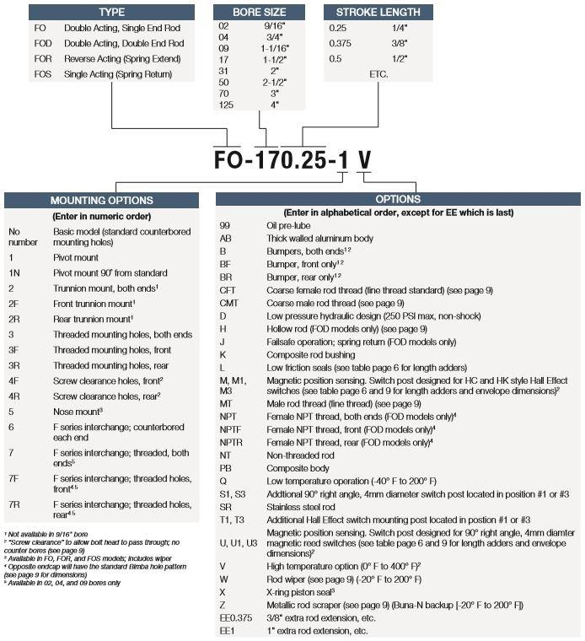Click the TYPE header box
[112, 13]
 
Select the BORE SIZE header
[258, 13]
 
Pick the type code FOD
[44, 43]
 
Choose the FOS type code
[44, 74]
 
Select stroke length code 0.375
[341, 43]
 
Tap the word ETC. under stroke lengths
[382, 74]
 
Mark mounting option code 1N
[14, 273]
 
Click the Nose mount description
[77, 411]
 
